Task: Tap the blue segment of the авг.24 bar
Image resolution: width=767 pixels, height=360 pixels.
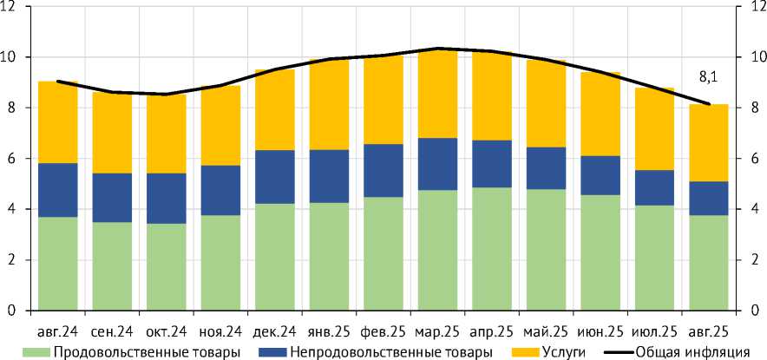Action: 58,190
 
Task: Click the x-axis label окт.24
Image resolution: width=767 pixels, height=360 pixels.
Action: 167,331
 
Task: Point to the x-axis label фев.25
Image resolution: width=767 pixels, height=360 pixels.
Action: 383,331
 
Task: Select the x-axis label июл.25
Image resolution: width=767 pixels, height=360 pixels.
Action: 654,331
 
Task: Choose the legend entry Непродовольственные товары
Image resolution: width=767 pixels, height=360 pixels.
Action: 382,351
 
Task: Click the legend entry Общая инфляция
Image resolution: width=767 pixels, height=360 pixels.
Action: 691,351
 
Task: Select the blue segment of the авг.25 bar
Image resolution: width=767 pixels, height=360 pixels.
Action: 708,199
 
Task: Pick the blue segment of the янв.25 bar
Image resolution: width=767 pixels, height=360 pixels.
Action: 329,176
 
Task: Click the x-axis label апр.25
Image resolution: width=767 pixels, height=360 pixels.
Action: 492,331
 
